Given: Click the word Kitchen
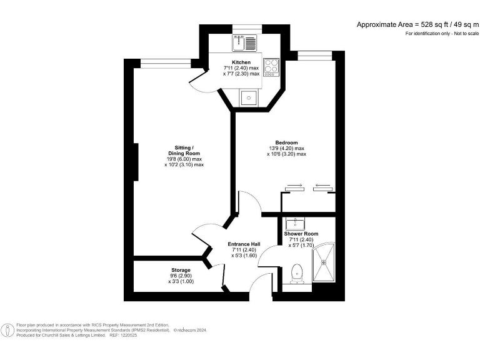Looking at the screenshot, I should coord(241,62).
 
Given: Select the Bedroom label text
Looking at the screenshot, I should coord(286,142).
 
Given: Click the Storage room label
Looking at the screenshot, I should coord(181,270).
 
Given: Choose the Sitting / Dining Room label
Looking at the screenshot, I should coord(183,151).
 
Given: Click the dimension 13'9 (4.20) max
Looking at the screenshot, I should coord(286,148).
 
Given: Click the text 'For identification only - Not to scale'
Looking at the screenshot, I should coord(441,32).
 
